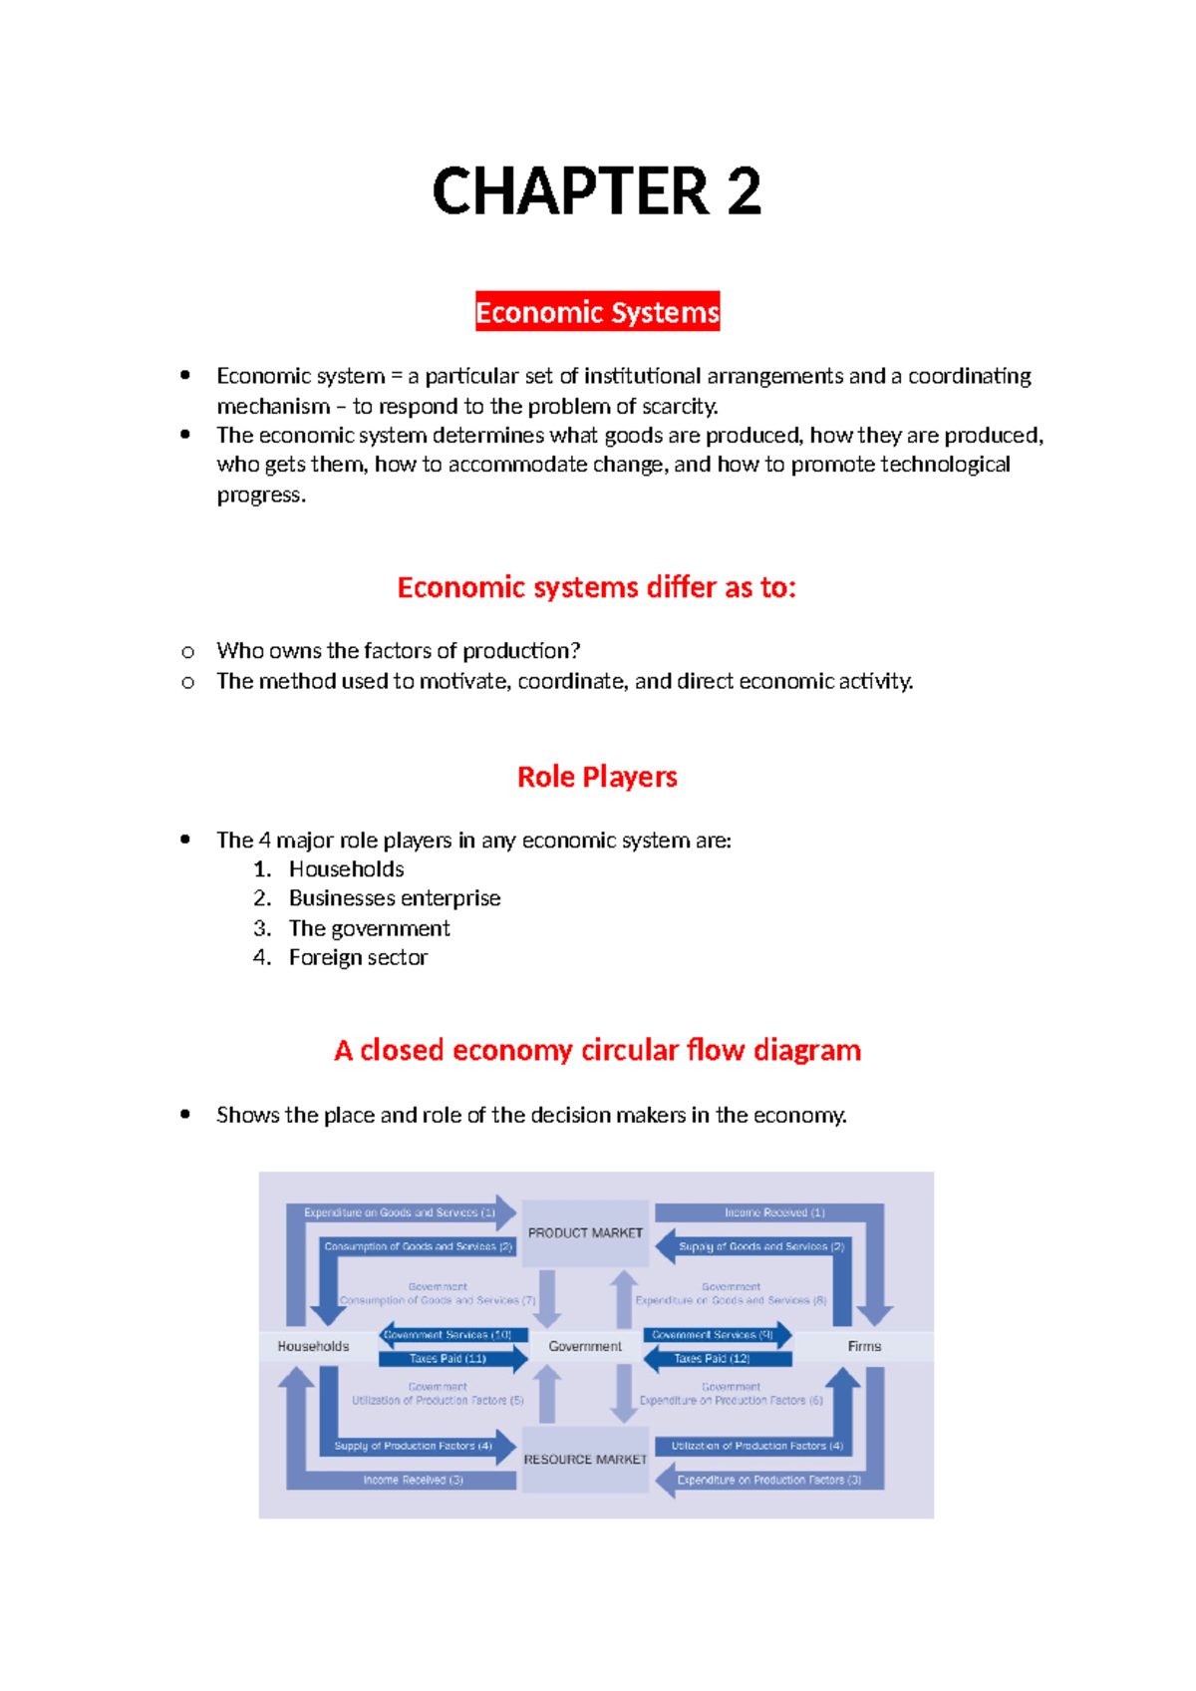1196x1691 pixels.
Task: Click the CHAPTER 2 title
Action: pyautogui.click(x=597, y=191)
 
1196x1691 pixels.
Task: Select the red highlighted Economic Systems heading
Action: pyautogui.click(x=597, y=312)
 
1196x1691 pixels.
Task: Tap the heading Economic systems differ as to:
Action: pyautogui.click(x=596, y=587)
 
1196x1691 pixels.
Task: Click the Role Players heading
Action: pyautogui.click(x=597, y=777)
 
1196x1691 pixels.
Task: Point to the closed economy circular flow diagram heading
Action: pyautogui.click(x=597, y=1050)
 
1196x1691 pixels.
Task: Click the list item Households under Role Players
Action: pyautogui.click(x=346, y=869)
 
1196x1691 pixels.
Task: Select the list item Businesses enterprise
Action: pyautogui.click(x=395, y=898)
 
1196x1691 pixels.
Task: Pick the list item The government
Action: pyautogui.click(x=369, y=928)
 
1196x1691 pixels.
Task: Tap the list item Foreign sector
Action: pyautogui.click(x=358, y=957)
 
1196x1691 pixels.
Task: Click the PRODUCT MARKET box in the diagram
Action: pyautogui.click(x=585, y=1233)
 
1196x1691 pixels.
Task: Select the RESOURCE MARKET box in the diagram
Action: pyautogui.click(x=585, y=1460)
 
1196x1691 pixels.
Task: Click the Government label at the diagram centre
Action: pyautogui.click(x=585, y=1346)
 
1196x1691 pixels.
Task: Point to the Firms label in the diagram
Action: pyautogui.click(x=864, y=1346)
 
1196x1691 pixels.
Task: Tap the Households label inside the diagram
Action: pyautogui.click(x=313, y=1346)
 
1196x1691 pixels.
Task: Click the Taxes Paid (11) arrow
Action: pyautogui.click(x=448, y=1358)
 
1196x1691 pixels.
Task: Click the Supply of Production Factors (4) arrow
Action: pyautogui.click(x=414, y=1446)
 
